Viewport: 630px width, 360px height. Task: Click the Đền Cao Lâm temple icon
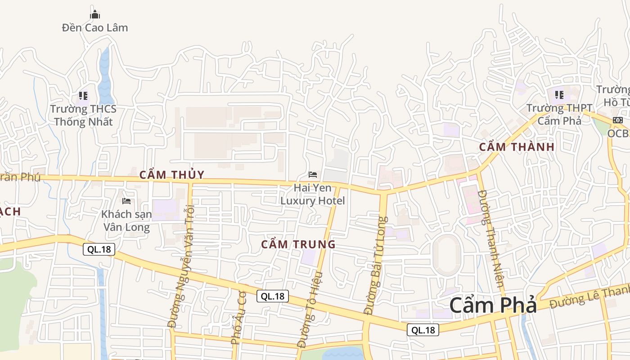[x=95, y=15]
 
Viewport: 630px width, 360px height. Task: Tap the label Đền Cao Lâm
[x=95, y=28]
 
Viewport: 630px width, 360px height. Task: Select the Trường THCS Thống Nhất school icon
[x=83, y=95]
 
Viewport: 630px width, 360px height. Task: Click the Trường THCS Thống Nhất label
[x=83, y=115]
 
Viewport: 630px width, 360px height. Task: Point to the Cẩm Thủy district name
[x=172, y=175]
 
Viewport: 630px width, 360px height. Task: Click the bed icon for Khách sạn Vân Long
[x=126, y=201]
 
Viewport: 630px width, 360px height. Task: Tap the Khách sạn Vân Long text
[x=126, y=220]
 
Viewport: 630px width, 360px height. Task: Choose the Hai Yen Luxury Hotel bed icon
[x=313, y=174]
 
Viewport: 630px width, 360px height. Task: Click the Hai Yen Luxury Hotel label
[x=313, y=194]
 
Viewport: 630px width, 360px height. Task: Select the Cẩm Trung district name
[x=298, y=244]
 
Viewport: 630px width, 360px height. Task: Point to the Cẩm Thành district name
[x=517, y=147]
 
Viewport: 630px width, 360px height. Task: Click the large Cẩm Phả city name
[x=493, y=306]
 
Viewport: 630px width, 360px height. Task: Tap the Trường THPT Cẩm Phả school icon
[x=559, y=95]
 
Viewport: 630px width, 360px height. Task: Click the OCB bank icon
[x=618, y=120]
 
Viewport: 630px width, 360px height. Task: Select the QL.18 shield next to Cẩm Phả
[x=423, y=330]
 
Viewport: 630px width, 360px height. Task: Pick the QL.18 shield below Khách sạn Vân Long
[x=99, y=249]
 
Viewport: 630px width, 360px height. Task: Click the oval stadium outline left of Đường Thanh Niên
[x=446, y=255]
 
